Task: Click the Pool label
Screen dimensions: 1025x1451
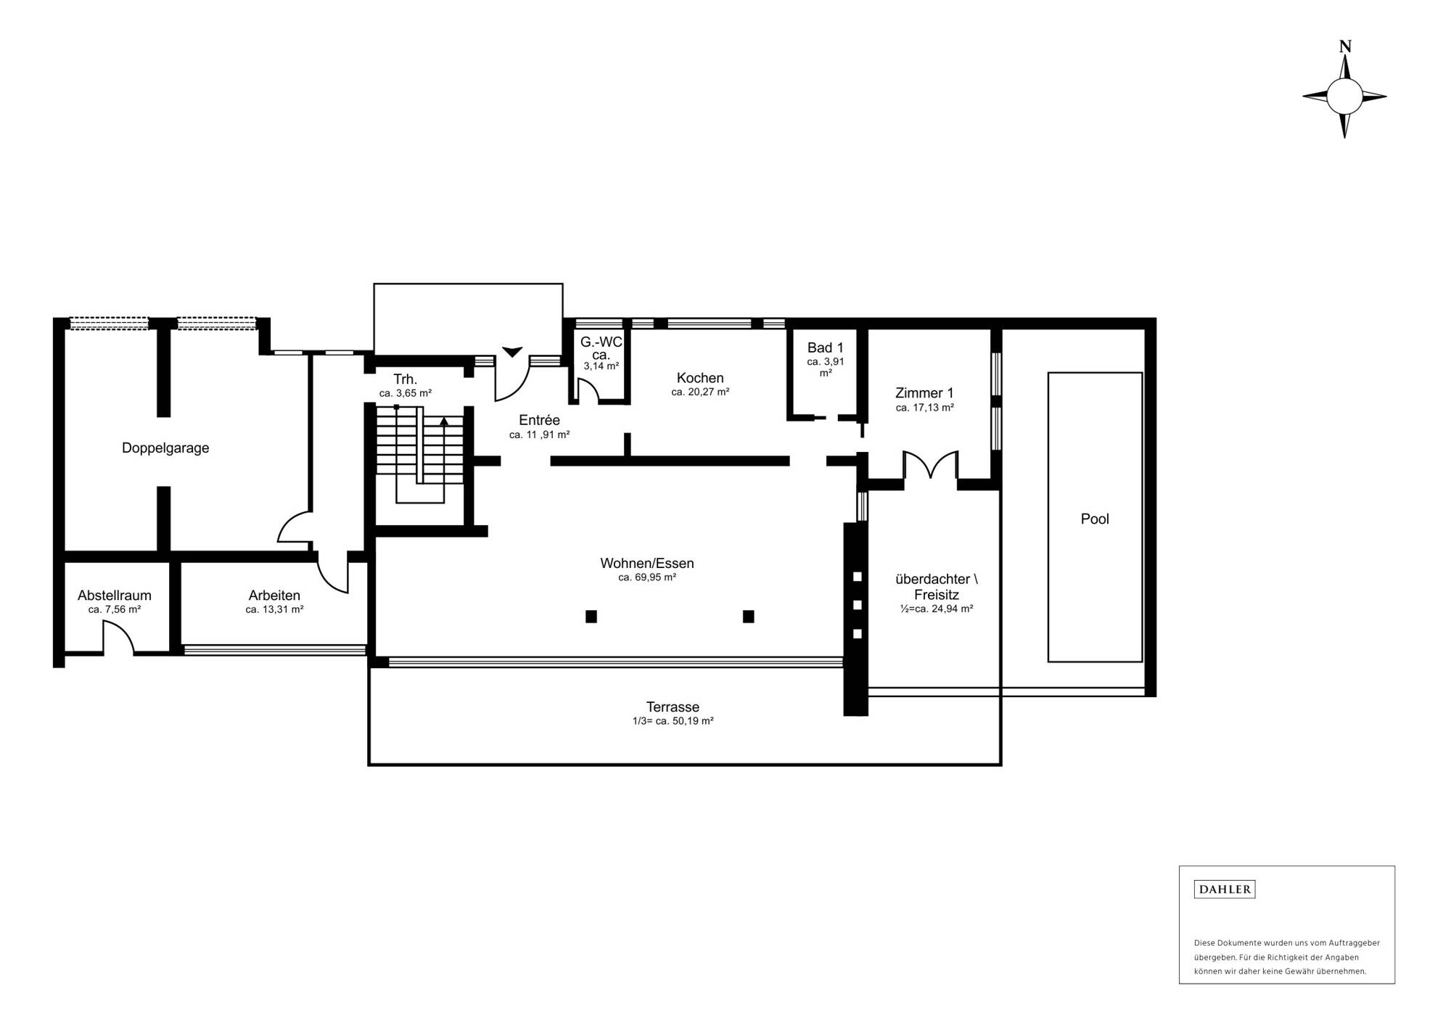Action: tap(1094, 519)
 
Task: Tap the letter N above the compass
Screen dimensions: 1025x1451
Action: tap(1344, 46)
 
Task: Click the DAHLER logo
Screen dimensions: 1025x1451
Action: tap(1224, 889)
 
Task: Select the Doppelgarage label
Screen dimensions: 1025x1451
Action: tap(165, 448)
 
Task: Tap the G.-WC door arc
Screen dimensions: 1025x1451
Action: tap(588, 392)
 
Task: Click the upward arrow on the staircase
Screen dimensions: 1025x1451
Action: tap(444, 421)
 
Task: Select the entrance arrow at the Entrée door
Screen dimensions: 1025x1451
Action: tap(512, 352)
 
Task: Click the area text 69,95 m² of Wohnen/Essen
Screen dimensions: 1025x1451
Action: tap(647, 577)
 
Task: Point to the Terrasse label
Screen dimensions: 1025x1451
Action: tap(673, 707)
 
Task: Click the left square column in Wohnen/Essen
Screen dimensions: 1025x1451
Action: tap(591, 617)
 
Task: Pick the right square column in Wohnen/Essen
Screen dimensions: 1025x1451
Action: tap(748, 617)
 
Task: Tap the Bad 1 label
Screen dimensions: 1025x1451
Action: tap(825, 347)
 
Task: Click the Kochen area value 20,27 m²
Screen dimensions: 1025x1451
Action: tap(700, 392)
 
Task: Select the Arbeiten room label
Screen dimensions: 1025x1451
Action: tap(274, 596)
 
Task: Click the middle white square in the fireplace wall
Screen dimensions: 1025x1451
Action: tap(857, 605)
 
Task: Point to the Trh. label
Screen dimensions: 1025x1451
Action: tap(405, 379)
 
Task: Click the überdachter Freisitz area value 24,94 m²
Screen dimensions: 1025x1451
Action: tap(936, 609)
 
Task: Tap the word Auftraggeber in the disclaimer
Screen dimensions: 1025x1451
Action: tap(1354, 943)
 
